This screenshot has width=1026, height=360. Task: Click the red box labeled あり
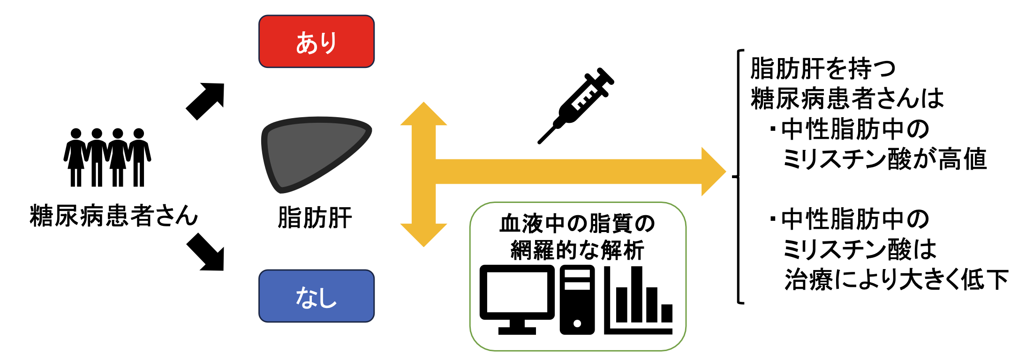pos(317,42)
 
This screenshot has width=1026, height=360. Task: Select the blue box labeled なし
pos(317,296)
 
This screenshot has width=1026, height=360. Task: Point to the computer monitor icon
pos(517,299)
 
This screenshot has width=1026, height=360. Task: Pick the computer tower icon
pos(577,300)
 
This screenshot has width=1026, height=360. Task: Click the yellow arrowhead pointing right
pos(713,172)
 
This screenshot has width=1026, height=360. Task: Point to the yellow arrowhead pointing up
pos(424,115)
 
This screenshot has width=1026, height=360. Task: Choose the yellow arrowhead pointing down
pos(424,234)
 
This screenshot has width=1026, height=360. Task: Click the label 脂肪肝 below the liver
pos(315,218)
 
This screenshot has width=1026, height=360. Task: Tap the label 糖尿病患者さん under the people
pos(114,216)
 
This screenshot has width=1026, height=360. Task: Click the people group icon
pos(107,157)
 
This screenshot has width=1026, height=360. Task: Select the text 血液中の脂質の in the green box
pos(577,224)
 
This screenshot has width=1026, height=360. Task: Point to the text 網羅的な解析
pos(577,250)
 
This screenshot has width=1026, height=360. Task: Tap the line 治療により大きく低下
pos(896,280)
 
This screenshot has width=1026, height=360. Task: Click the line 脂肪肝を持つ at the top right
pos(823,69)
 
